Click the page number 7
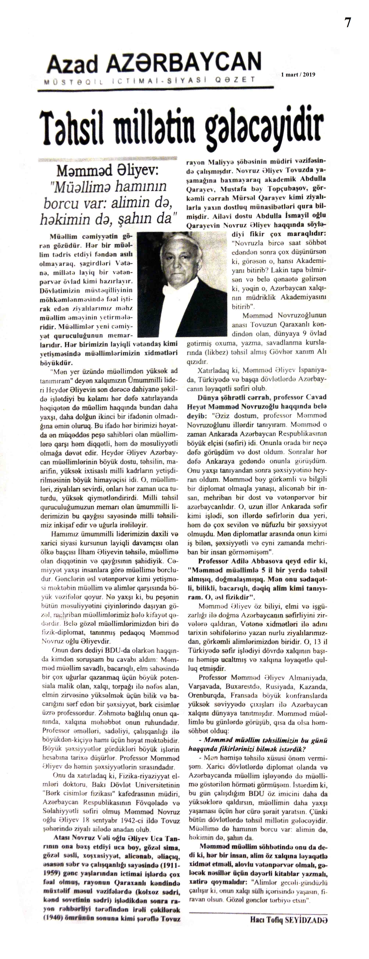(347, 23)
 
